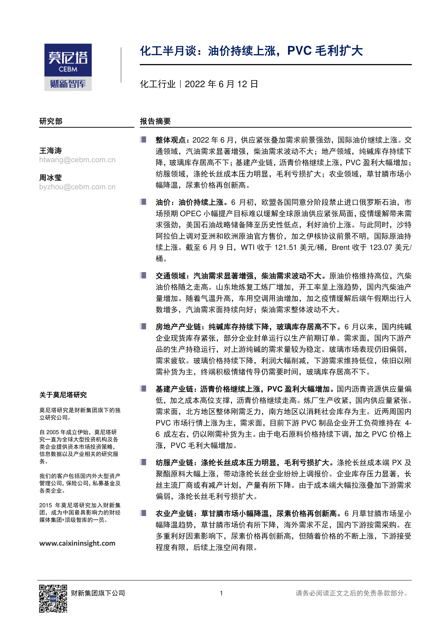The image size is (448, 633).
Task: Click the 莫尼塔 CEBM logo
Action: click(x=68, y=67)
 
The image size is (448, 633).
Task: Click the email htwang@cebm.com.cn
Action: click(x=77, y=160)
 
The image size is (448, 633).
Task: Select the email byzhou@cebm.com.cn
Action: click(x=77, y=187)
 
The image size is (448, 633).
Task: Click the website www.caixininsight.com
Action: click(x=77, y=543)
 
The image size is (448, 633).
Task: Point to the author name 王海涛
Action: click(x=51, y=150)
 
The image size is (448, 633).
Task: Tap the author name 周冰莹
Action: click(x=51, y=178)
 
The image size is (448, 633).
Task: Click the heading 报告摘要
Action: click(x=155, y=121)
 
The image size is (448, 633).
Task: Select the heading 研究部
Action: click(x=51, y=121)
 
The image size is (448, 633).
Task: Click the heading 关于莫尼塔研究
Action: click(x=63, y=395)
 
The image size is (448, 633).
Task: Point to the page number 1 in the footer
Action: click(x=221, y=593)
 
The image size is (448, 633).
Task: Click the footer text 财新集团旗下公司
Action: click(x=98, y=593)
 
